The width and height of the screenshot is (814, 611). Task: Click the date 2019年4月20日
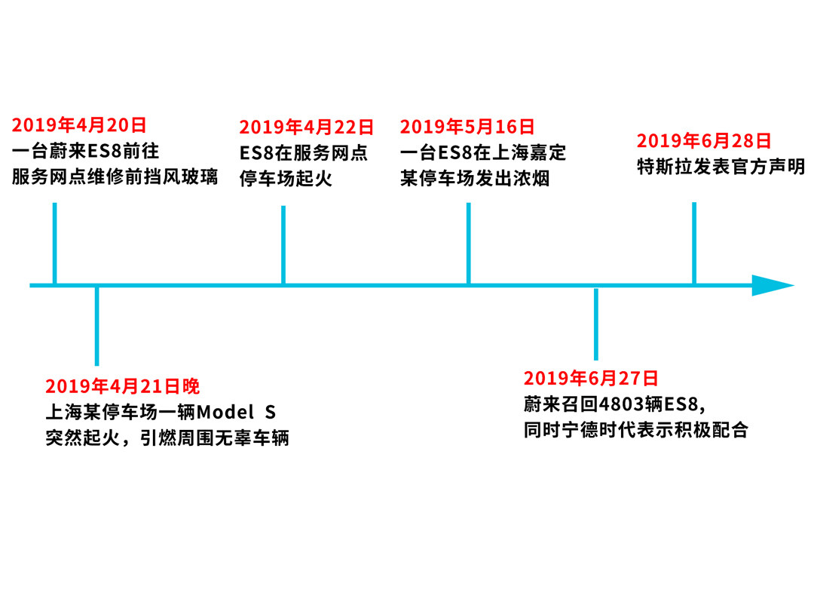coord(79,125)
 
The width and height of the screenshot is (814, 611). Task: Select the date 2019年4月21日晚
coord(123,387)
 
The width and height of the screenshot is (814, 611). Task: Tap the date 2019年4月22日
coord(307,127)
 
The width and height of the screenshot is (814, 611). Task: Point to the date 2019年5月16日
coord(467,127)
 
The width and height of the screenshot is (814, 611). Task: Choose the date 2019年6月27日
coord(591,379)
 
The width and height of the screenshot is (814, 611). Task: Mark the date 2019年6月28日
coord(704,141)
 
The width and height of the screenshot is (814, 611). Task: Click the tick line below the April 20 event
coord(55,243)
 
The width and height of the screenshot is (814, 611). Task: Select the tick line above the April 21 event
coord(96,326)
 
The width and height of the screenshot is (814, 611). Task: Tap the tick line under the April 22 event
coord(283,245)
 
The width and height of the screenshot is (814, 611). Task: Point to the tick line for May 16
coord(469,243)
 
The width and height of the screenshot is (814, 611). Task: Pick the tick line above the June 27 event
coord(596,324)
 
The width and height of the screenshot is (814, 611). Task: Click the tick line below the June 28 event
coord(694,243)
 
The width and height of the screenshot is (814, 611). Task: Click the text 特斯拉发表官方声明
coord(721,166)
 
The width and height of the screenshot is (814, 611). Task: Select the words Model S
coord(236,413)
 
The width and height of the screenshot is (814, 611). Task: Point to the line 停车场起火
coord(286,179)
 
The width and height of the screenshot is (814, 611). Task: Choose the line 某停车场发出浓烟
coord(475,179)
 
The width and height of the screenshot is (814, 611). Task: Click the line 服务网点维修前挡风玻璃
coord(115,178)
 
